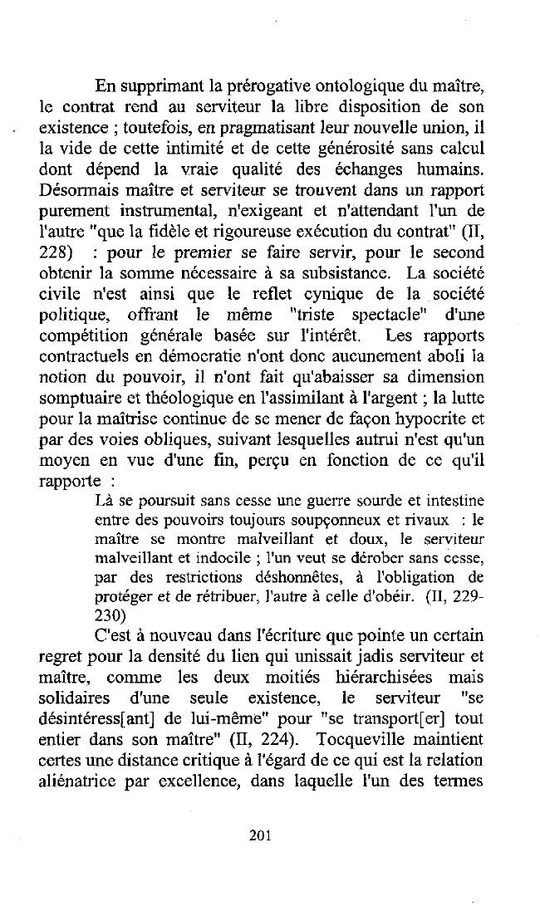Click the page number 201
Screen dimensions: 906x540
coord(261,836)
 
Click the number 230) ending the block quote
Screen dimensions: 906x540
coord(110,615)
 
